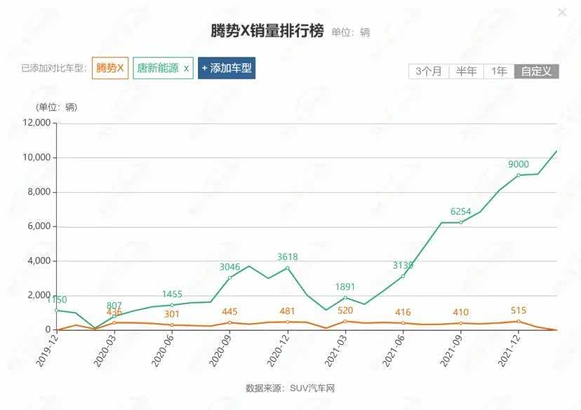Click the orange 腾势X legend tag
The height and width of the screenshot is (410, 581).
(x=110, y=68)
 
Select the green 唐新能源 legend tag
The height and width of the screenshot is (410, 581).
(x=163, y=68)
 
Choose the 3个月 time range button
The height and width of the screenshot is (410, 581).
(x=428, y=71)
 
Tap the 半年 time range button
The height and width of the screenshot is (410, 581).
(x=466, y=71)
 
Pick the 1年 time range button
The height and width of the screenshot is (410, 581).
(x=499, y=71)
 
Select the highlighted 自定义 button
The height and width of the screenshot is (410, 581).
(x=537, y=71)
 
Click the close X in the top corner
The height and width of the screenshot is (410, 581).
(x=561, y=13)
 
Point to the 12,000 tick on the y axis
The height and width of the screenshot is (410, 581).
(x=37, y=123)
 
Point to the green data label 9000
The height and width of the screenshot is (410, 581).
(x=519, y=164)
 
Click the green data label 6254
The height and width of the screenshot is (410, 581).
(x=461, y=211)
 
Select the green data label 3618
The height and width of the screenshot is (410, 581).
(x=288, y=257)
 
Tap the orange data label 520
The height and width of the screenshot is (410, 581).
(x=345, y=310)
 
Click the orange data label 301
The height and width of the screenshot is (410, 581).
(x=172, y=314)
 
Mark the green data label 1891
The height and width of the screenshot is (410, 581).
(x=345, y=306)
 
